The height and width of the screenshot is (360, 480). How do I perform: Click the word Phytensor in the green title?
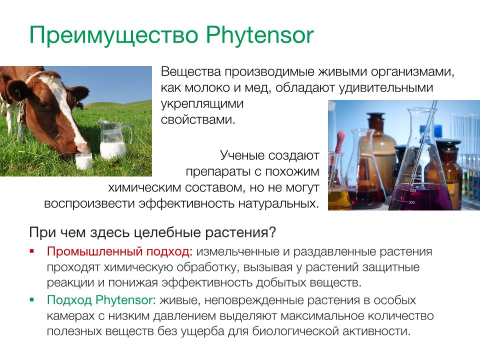(x=259, y=35)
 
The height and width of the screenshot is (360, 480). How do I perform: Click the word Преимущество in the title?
(x=114, y=36)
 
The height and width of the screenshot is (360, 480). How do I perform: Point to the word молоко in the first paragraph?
(x=207, y=88)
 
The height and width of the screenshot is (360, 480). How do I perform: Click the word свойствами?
(x=198, y=119)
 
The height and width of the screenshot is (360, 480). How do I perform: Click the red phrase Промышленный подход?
(x=119, y=251)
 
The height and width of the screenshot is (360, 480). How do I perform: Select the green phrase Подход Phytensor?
(x=101, y=300)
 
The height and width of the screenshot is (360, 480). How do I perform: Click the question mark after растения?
(x=272, y=232)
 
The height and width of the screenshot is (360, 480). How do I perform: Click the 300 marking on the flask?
(x=411, y=202)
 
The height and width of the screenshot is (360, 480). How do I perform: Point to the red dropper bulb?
(x=340, y=140)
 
